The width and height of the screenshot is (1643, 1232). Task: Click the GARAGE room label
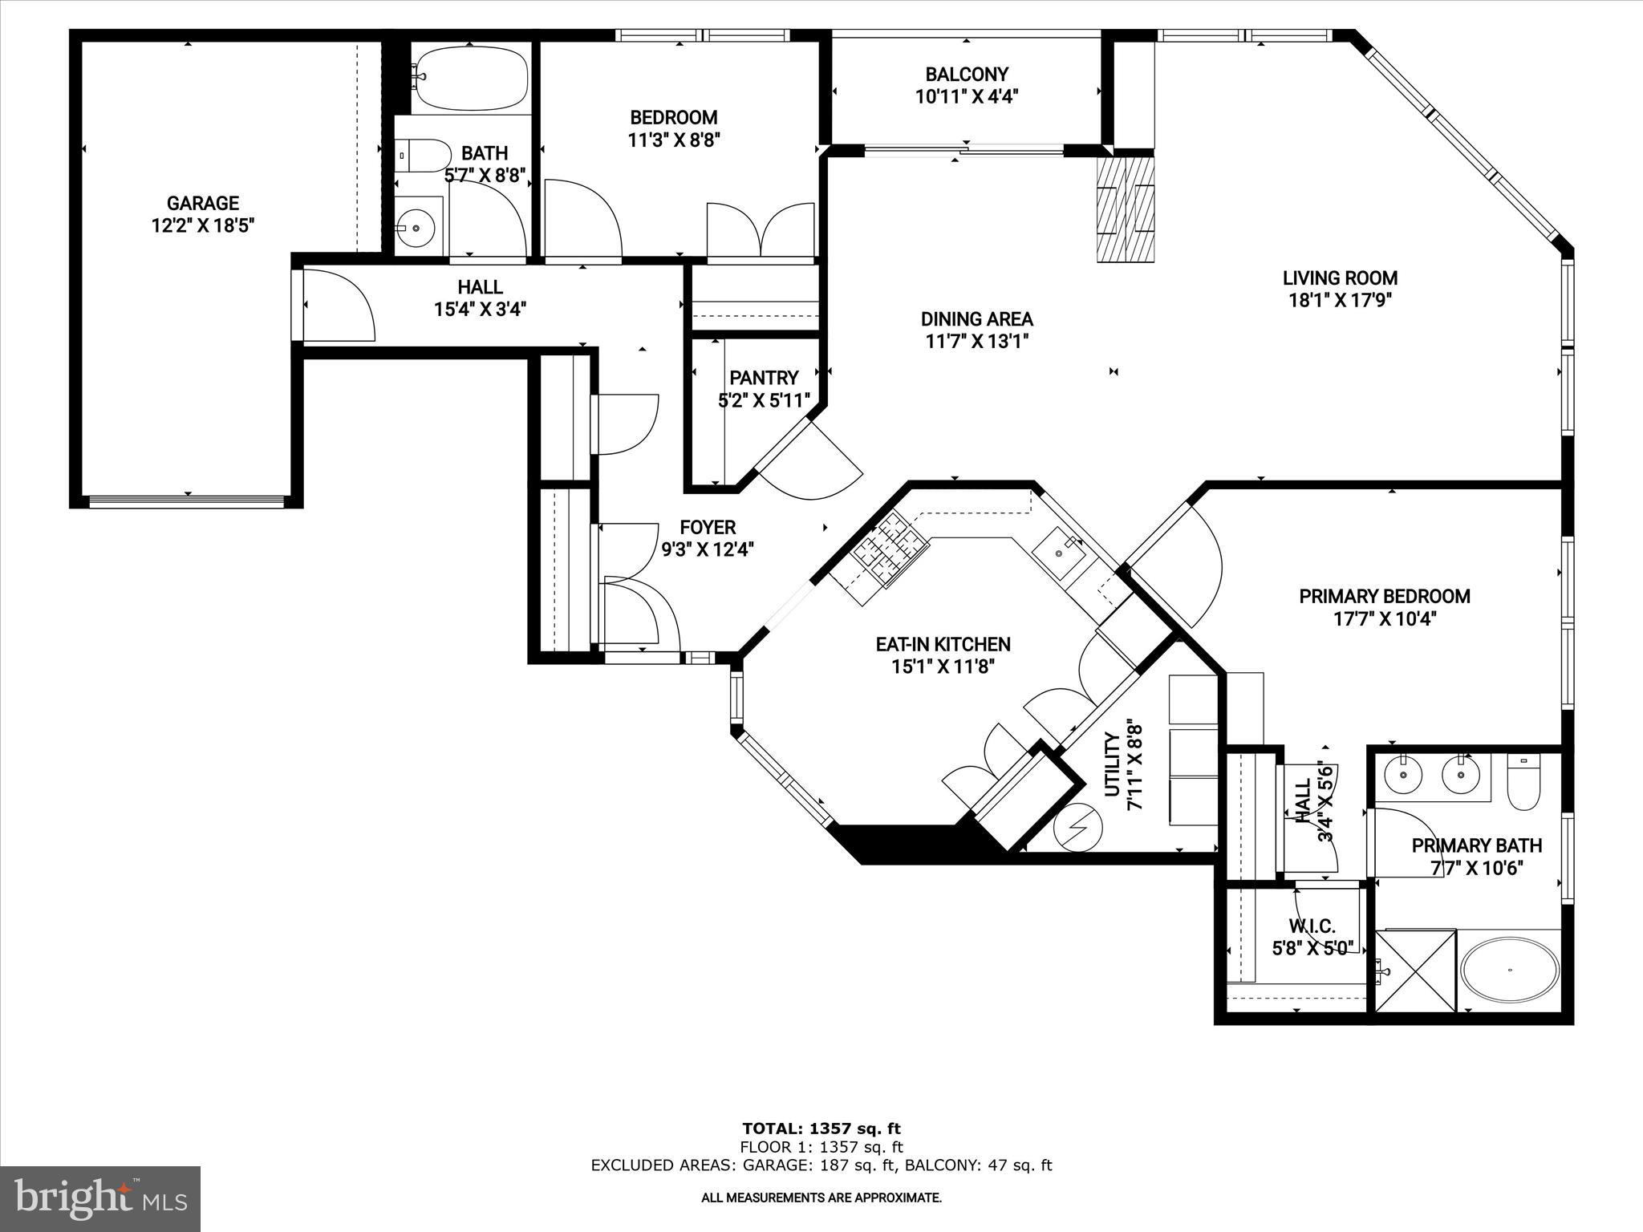[202, 204]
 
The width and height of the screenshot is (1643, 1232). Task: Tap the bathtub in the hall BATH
[471, 79]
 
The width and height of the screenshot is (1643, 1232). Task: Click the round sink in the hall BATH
[417, 228]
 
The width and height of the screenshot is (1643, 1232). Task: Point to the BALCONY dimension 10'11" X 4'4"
[966, 97]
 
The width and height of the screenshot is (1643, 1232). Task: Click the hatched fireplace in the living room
[1126, 209]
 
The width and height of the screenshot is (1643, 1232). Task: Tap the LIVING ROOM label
[1339, 278]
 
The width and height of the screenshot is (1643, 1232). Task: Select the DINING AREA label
[976, 319]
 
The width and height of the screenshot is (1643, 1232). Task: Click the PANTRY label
[763, 378]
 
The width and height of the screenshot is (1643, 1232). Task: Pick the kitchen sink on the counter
[1059, 552]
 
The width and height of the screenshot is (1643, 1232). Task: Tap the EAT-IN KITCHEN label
[942, 644]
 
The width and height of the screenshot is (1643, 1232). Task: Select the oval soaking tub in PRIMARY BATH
[1509, 970]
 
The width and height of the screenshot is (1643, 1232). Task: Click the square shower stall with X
[1415, 971]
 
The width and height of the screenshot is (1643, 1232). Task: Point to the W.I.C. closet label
[1312, 926]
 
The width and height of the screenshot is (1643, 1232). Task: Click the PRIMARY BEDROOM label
[1384, 596]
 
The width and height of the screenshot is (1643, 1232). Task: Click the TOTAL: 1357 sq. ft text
[821, 1129]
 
